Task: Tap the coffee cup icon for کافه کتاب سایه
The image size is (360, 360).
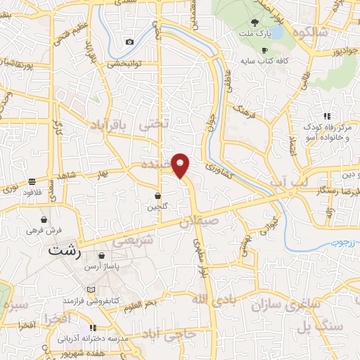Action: [265, 51]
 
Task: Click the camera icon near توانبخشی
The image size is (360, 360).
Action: [129, 42]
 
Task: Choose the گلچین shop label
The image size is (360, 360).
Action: [157, 207]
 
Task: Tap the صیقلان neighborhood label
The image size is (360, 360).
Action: [200, 219]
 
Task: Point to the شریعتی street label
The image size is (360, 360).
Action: [133, 240]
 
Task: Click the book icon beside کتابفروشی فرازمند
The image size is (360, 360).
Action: [89, 290]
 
